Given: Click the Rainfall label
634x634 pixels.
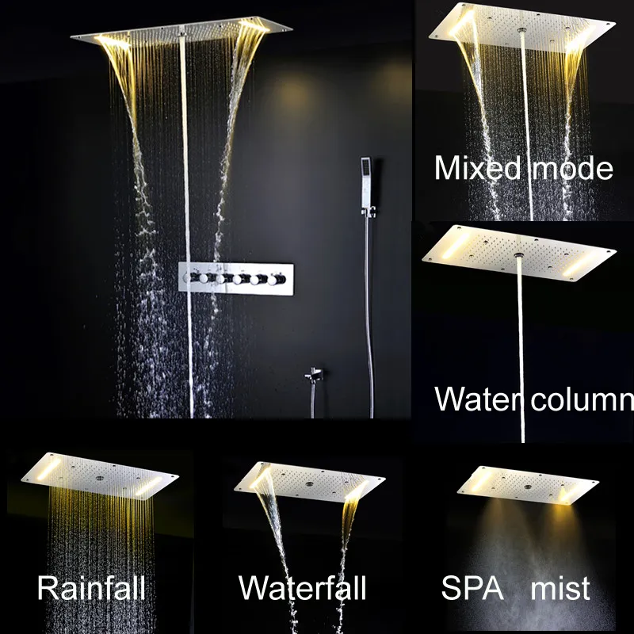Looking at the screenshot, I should pos(91,588).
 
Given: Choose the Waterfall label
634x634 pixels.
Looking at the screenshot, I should pos(303,588).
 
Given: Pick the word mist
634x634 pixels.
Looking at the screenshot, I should pos(560,588).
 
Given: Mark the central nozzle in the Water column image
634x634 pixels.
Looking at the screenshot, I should pos(519,255).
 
